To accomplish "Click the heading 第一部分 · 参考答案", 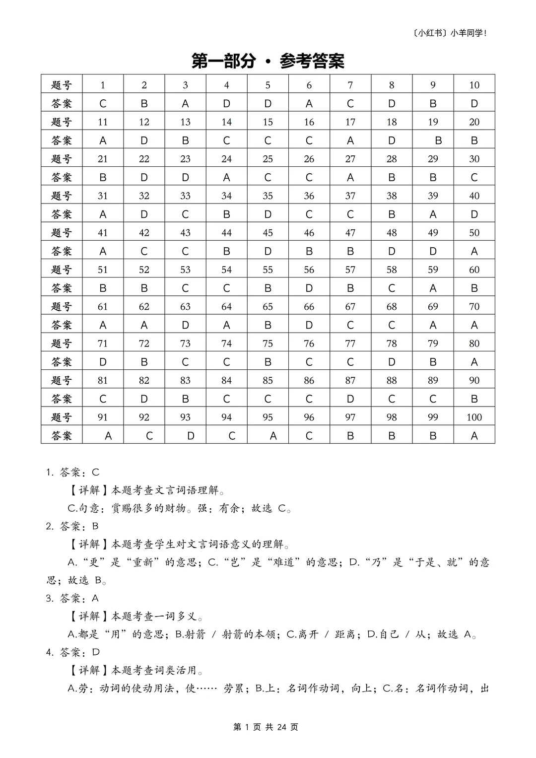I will click(x=268, y=61).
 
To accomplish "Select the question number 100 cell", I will click(x=474, y=417).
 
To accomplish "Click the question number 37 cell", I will click(x=350, y=196).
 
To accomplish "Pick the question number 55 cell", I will click(x=268, y=270).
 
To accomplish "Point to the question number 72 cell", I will click(x=144, y=344).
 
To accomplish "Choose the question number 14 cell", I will click(x=226, y=122).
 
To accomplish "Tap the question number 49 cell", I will click(x=433, y=233).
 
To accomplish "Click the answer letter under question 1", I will click(x=103, y=104).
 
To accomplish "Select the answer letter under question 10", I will click(x=474, y=104).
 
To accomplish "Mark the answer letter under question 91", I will click(x=108, y=436).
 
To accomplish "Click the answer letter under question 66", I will click(x=309, y=325).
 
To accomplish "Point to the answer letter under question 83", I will click(x=185, y=399).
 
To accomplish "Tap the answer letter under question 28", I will click(x=392, y=177).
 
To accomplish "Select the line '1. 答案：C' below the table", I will click(x=72, y=472).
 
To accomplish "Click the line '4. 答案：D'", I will click(x=72, y=652).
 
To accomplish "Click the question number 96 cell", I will click(x=309, y=417).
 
